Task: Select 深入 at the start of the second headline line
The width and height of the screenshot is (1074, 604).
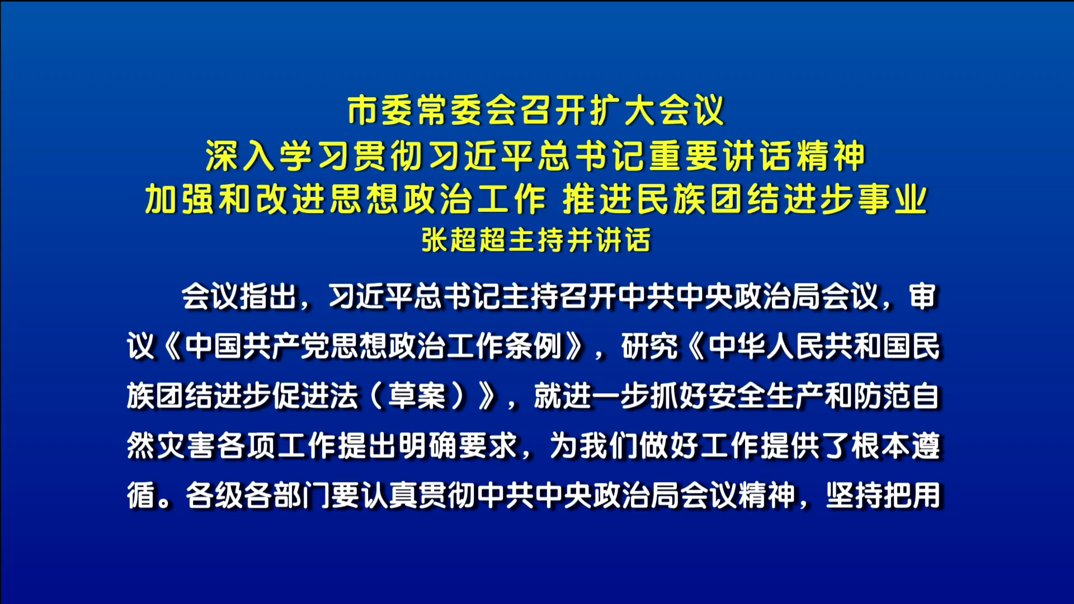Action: pyautogui.click(x=241, y=155)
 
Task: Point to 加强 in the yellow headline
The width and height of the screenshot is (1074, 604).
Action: pyautogui.click(x=180, y=199)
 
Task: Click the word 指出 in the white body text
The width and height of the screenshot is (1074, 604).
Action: pyautogui.click(x=268, y=296)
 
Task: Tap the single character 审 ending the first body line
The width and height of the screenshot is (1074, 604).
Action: pyautogui.click(x=923, y=296)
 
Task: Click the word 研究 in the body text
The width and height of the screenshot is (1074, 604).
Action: pyautogui.click(x=649, y=346)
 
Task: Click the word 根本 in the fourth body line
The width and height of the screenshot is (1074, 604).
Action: pyautogui.click(x=881, y=446)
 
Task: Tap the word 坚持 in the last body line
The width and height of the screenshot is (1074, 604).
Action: pyautogui.click(x=854, y=496)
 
